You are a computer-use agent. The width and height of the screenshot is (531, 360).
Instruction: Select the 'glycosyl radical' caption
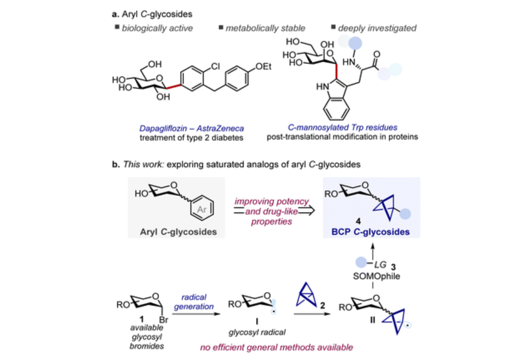(x=252, y=333)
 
